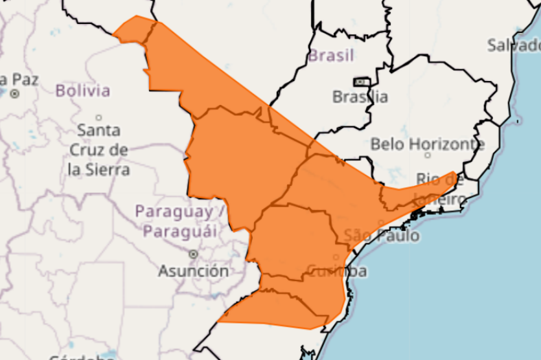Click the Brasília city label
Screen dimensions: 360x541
pos(360,97)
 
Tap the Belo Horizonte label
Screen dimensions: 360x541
pos(428,144)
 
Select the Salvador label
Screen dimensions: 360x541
pos(515,45)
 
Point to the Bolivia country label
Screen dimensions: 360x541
pos(83,91)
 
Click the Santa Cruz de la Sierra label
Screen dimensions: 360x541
pos(99,150)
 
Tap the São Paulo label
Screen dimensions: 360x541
pos(382,236)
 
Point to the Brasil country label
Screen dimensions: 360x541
pos(331,56)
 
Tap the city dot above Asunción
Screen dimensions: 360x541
pos(193,254)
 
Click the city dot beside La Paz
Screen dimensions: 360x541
pos(14,94)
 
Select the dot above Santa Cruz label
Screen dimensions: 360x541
pos(99,118)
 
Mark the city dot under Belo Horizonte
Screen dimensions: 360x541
pos(428,155)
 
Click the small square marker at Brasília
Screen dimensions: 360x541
pos(360,82)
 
